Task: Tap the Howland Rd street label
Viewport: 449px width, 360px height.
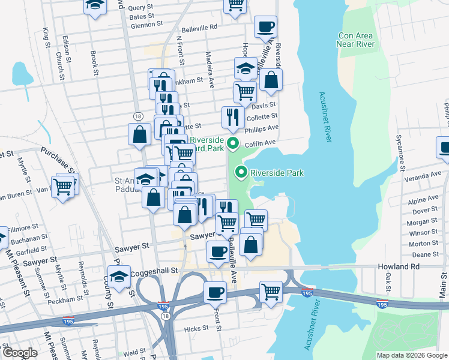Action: (399, 266)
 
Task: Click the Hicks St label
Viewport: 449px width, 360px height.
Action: (196, 328)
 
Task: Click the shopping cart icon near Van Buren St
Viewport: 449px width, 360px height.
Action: (62, 187)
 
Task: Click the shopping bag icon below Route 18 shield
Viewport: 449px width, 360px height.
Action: (139, 134)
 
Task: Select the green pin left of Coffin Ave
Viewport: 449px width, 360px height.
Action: (234, 144)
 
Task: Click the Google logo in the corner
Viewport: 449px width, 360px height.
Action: (20, 353)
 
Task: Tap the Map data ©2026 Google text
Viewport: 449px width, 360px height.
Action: (411, 355)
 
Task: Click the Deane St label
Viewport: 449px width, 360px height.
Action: (424, 254)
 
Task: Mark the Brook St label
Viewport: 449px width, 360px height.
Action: (94, 63)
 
